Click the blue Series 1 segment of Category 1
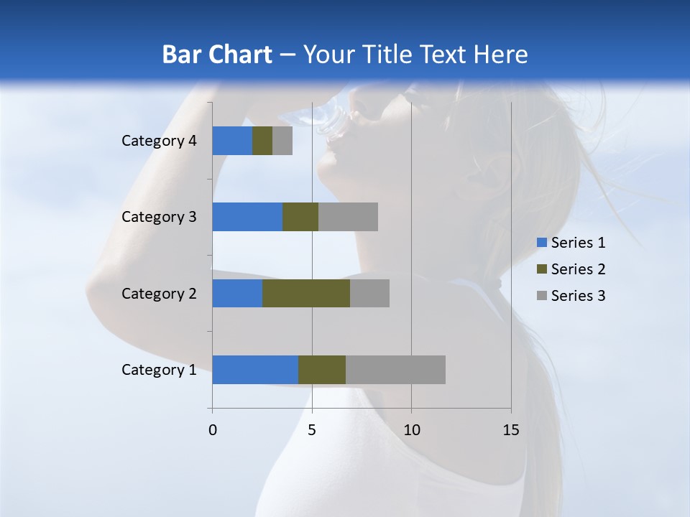[255, 370]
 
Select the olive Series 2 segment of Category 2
[306, 293]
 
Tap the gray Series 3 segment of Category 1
[395, 370]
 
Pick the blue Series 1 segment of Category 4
[232, 141]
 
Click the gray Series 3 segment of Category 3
[348, 217]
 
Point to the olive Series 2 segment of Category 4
[262, 141]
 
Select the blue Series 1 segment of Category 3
[247, 217]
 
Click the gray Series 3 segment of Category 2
[369, 293]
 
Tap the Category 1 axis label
[159, 370]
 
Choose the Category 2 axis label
[159, 293]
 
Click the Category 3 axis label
[159, 217]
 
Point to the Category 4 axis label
[159, 141]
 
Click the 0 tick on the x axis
[213, 430]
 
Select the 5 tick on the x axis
[312, 430]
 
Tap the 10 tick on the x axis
[411, 430]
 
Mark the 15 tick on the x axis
[510, 430]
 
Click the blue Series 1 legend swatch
[541, 243]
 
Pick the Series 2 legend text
[578, 269]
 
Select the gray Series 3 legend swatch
[541, 296]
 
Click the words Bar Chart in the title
[216, 55]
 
